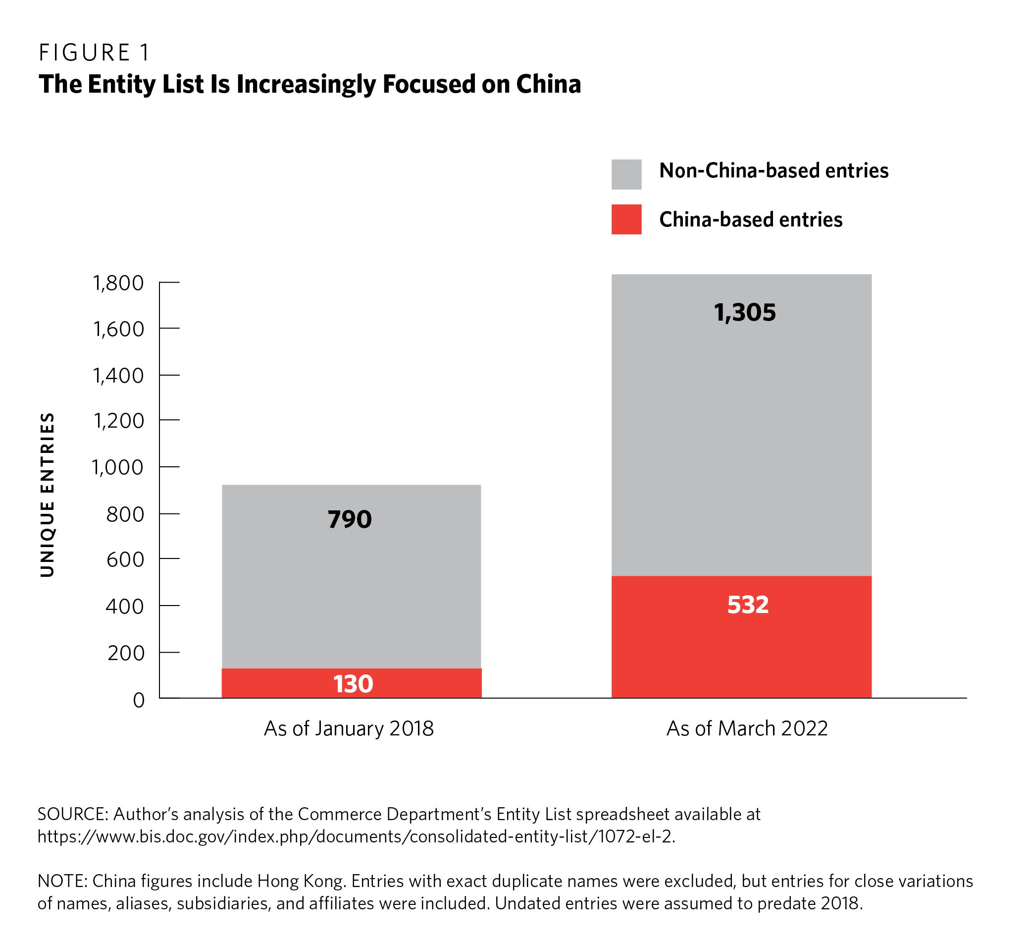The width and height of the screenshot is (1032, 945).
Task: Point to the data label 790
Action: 350,519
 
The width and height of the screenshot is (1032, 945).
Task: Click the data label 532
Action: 748,605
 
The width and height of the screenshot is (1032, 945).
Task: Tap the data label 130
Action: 353,684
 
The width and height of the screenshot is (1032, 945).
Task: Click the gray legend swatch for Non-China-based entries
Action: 626,174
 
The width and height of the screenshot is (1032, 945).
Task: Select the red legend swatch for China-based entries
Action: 626,219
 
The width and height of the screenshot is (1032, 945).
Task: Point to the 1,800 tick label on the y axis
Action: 118,283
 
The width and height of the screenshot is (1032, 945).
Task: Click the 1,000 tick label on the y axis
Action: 118,467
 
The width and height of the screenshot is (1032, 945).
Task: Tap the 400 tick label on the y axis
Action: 125,606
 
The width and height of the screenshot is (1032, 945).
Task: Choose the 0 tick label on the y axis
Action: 139,700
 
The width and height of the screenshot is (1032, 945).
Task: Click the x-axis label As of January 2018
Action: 349,728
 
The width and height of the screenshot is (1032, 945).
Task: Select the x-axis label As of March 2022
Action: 747,728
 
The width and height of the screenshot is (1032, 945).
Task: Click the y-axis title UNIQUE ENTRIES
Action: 47,495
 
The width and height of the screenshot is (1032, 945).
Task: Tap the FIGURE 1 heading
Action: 95,52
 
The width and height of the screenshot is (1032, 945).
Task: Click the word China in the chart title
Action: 548,84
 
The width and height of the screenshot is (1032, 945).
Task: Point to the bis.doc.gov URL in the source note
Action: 356,836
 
